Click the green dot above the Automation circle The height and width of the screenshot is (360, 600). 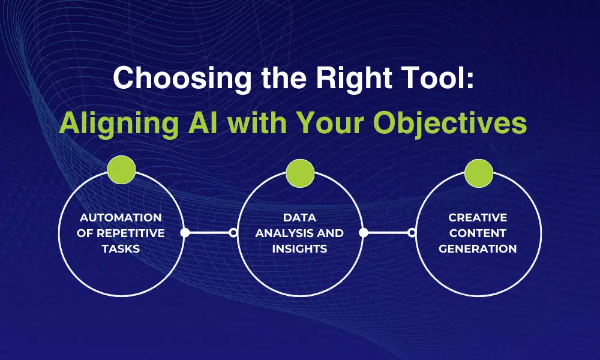click(x=122, y=170)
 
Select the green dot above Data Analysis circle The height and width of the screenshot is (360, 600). click(x=300, y=173)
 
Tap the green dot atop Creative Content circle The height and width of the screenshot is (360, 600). click(x=478, y=173)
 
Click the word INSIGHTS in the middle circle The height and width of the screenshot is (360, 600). click(x=299, y=248)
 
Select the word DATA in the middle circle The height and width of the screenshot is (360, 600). click(x=300, y=217)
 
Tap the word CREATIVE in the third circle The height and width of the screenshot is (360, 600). click(x=478, y=217)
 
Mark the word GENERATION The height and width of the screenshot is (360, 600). click(x=478, y=248)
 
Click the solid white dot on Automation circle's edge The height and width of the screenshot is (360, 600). click(x=185, y=233)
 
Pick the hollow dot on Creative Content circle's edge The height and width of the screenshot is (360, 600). click(x=412, y=233)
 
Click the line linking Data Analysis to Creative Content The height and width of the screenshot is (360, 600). click(x=387, y=233)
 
